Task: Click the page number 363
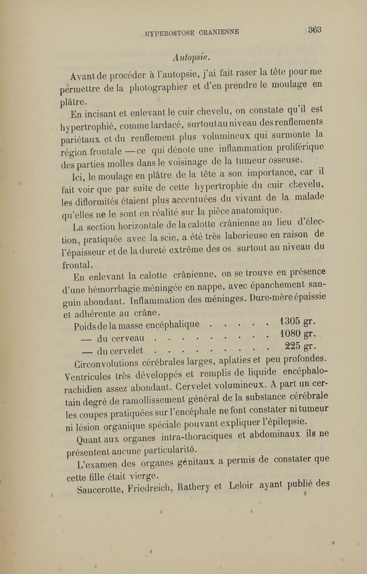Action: point(314,30)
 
